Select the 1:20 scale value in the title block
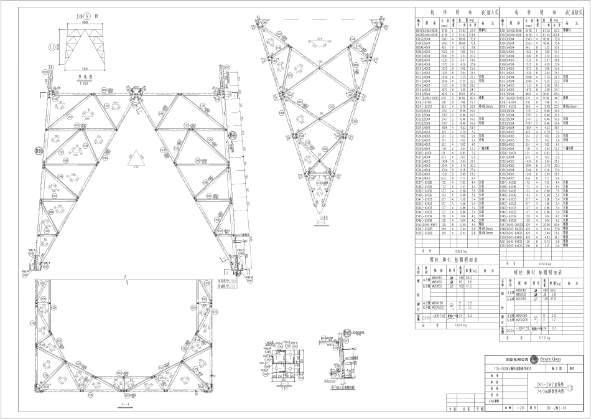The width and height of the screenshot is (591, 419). (522, 408)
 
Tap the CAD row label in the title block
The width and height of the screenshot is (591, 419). (493, 402)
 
